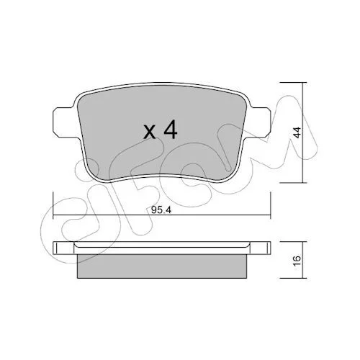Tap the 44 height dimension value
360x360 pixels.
[297, 132]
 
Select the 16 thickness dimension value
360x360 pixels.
[297, 260]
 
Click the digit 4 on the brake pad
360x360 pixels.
[171, 130]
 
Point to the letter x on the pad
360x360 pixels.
[150, 132]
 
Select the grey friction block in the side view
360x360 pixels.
[162, 266]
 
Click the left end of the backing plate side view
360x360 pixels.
[54, 248]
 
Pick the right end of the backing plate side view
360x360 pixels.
[269, 248]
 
